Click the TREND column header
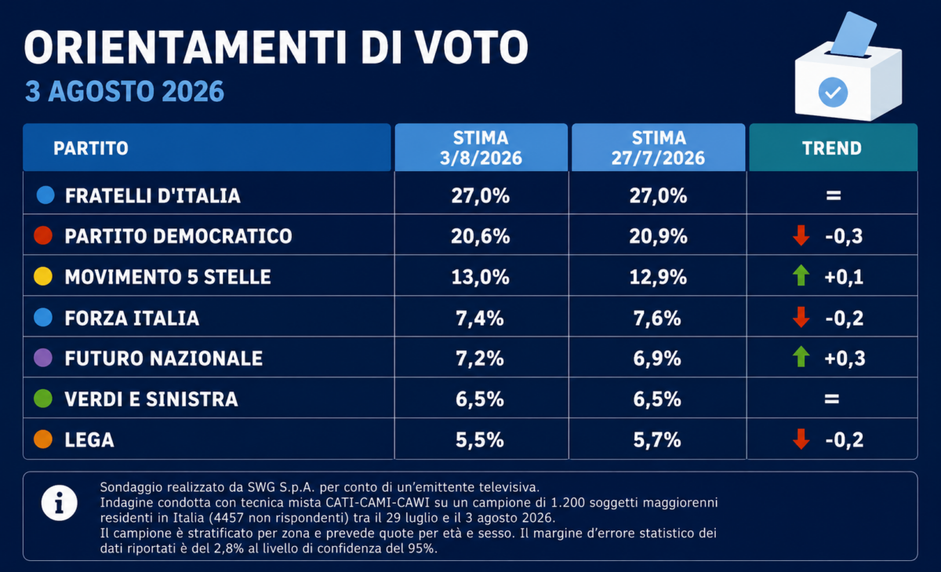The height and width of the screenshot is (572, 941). pos(832,148)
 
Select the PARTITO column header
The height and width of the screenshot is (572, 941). pos(91,148)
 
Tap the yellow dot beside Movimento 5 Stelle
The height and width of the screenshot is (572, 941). pos(43,276)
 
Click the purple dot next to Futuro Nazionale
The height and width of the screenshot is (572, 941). pos(43,358)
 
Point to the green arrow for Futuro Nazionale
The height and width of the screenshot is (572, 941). pos(801,357)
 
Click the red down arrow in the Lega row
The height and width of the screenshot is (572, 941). pos(801,439)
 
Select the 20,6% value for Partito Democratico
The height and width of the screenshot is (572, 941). pos(481,236)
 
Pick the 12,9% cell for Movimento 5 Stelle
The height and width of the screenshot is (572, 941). pos(658,277)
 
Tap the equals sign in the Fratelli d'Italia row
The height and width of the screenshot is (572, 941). pos(834,195)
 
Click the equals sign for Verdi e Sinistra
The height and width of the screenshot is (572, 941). pos(832,399)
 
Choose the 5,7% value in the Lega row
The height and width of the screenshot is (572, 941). pos(657,440)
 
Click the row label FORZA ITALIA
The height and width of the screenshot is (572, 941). pos(132,318)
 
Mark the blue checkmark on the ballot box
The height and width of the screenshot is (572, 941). pos(833,93)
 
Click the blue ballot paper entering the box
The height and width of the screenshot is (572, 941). pos(854,34)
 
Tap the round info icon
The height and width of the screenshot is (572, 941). pos(60,503)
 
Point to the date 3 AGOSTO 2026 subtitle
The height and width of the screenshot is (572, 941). pos(125,91)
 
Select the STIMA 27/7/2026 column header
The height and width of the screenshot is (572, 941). pos(658,148)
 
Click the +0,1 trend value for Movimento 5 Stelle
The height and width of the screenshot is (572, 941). pos(844,277)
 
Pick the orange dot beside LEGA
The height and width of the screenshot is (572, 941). pos(43,439)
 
